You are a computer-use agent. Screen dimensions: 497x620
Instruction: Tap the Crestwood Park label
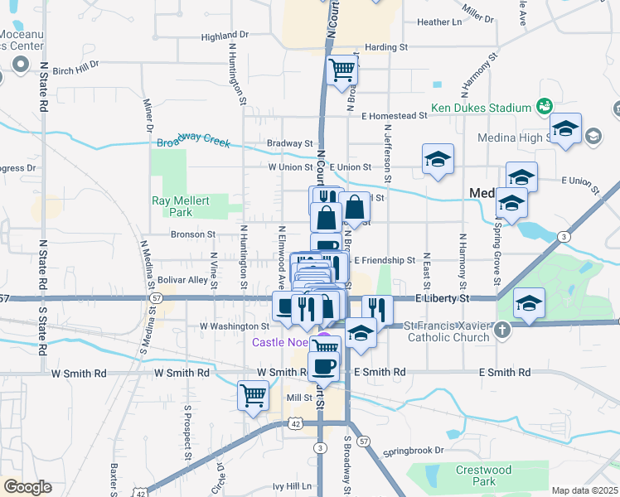(484, 475)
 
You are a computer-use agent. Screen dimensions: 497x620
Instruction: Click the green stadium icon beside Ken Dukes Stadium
(545, 106)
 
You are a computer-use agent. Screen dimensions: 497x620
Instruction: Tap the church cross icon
(502, 331)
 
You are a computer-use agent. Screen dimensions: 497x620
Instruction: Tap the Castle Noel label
(283, 342)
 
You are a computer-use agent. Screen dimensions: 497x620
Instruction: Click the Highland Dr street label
(225, 36)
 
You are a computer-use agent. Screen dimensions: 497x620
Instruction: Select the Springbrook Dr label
(414, 451)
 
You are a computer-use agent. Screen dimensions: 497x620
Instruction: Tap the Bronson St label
(193, 234)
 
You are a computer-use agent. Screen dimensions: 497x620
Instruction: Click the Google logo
(27, 487)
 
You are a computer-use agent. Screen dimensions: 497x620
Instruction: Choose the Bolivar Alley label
(186, 280)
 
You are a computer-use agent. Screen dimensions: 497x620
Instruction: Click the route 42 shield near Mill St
(296, 422)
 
